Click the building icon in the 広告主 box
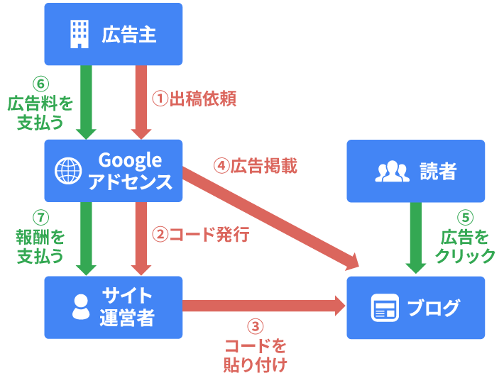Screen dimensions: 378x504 click(79, 33)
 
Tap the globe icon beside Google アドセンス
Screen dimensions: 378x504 click(70, 171)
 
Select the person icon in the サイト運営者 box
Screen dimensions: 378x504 click(80, 307)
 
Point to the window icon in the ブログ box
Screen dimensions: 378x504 click(384, 308)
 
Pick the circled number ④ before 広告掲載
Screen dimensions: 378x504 click(221, 166)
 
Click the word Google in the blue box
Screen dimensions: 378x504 click(130, 160)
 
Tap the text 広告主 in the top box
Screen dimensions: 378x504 click(128, 34)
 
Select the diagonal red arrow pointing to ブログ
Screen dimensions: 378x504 click(270, 218)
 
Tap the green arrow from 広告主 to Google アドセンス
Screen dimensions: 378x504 click(86, 99)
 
